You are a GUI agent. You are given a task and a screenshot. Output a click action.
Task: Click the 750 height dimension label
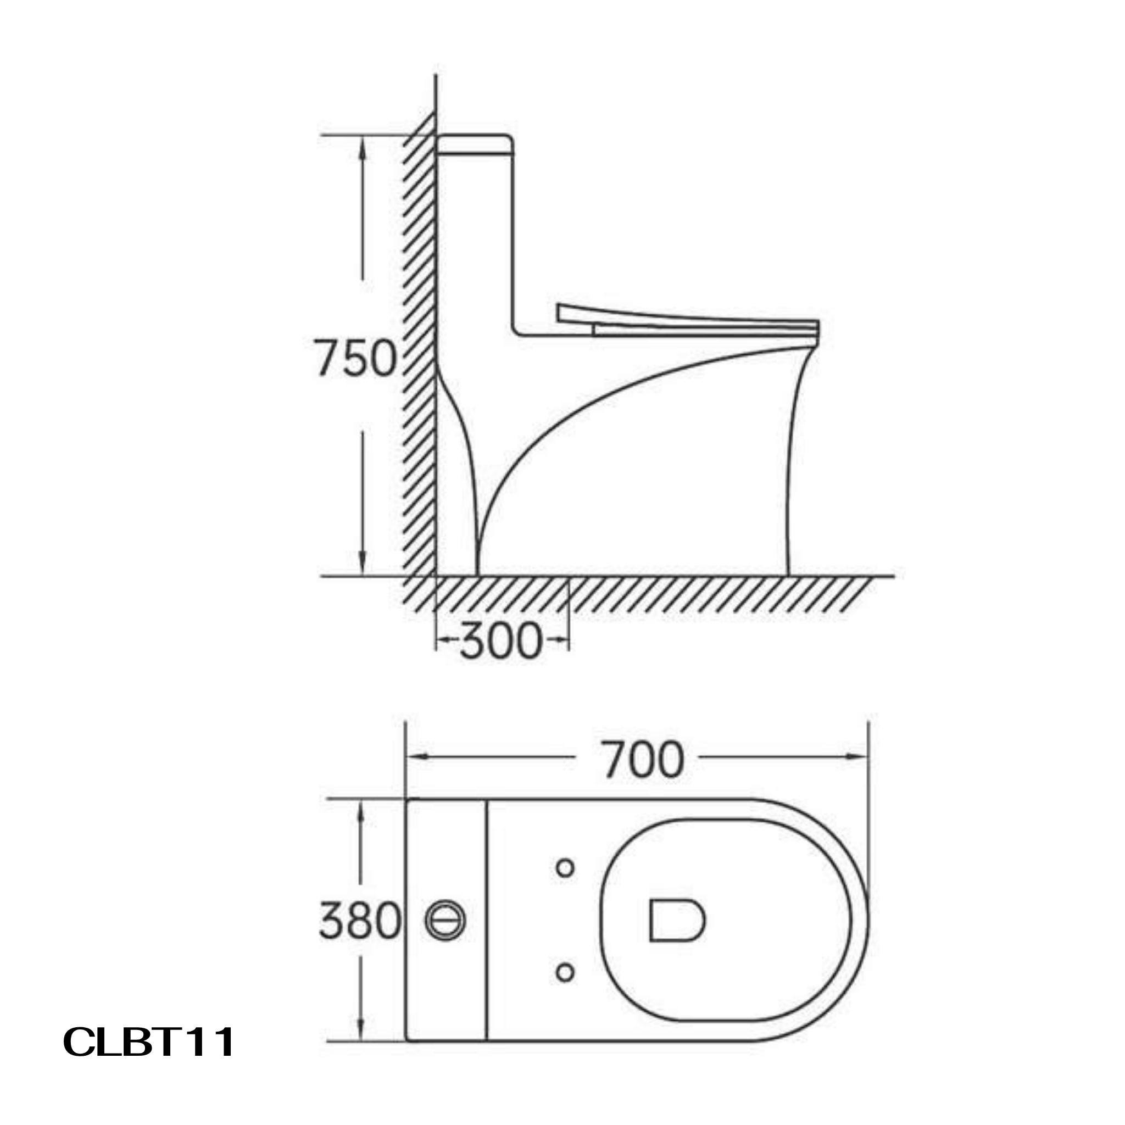356,358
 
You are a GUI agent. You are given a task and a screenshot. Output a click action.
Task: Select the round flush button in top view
445,920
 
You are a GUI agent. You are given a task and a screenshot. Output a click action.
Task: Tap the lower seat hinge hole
565,972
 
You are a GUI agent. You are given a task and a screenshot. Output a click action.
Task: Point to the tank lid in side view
475,145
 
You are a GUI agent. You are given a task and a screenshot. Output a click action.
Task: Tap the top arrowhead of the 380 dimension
360,812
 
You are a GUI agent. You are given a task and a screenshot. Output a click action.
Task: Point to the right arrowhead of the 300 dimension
560,639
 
